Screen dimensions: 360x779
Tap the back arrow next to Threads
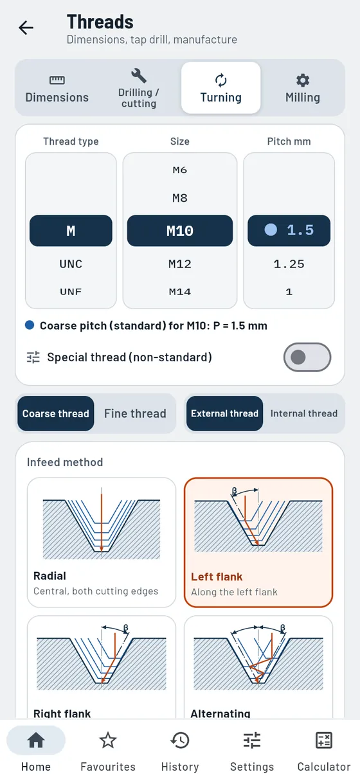coord(26,28)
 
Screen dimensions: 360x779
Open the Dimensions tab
coord(57,88)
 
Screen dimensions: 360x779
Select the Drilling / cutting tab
coord(139,88)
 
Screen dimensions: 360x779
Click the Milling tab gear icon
coord(303,80)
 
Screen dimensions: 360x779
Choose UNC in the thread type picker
coord(71,264)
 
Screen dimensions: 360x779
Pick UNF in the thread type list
coord(71,291)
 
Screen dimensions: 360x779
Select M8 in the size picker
coord(180,198)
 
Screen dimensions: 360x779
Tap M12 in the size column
coord(180,264)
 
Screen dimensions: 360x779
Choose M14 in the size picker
coord(180,291)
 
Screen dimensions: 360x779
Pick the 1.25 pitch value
coord(289,264)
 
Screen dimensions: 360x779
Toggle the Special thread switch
coord(307,357)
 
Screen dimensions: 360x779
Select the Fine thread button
coord(135,413)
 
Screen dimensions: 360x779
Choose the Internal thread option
coord(304,413)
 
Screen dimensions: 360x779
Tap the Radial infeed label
coord(50,576)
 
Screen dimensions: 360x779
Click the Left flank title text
coord(217,577)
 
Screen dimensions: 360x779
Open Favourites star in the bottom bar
coord(108,740)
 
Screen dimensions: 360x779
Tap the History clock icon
coord(180,740)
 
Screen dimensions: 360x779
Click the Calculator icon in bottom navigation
coord(324,740)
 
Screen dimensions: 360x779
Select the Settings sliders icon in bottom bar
coord(252,740)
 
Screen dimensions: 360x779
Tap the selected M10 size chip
coord(180,231)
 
